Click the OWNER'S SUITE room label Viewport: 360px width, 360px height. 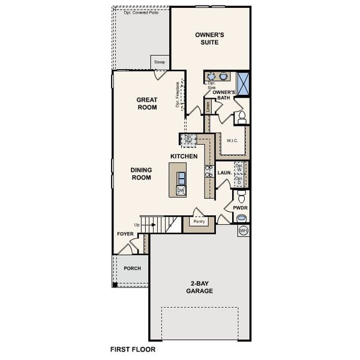210,39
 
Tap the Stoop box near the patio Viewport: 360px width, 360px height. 160,62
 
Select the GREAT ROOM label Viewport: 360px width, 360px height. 146,104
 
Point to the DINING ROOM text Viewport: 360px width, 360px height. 142,173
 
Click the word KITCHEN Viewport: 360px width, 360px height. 184,156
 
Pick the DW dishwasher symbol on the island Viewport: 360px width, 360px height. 181,190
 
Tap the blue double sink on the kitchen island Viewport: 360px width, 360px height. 181,177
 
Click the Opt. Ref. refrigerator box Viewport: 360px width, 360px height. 188,139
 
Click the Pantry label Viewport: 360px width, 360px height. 199,221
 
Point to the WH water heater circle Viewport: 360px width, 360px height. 243,230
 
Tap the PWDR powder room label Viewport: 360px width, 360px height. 241,208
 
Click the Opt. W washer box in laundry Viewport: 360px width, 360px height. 239,167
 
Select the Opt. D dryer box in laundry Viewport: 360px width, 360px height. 239,179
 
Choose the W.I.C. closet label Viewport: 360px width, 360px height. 233,141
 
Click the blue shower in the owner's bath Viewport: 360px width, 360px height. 243,83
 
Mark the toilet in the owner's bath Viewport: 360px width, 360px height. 242,117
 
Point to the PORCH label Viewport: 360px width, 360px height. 132,268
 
